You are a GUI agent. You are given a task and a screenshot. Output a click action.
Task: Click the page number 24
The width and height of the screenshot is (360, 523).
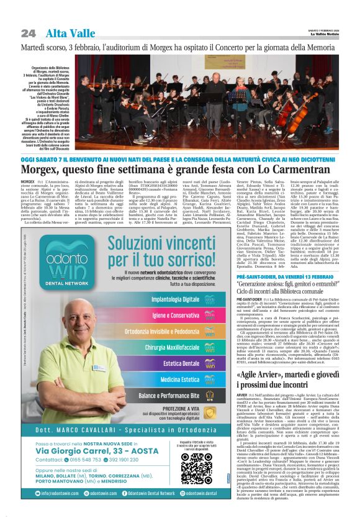pos(28,32)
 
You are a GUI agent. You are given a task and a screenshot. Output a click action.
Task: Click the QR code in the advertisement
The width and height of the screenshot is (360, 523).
pos(196,468)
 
